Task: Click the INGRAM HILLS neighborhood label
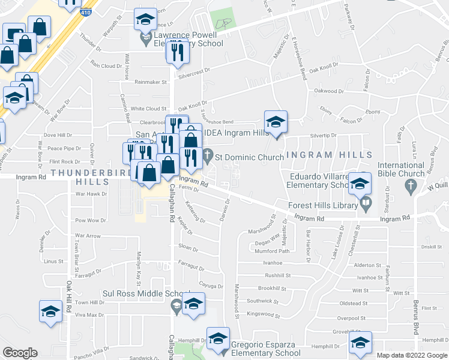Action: [x=327, y=155]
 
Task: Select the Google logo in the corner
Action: [x=20, y=352]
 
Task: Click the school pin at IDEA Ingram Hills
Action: [x=276, y=122]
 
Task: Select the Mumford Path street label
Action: [x=276, y=251]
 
